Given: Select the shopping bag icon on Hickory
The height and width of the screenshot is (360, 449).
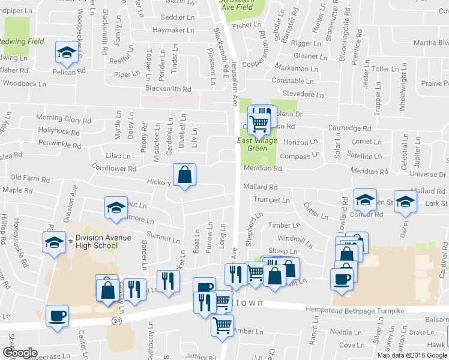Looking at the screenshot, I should click(185, 175).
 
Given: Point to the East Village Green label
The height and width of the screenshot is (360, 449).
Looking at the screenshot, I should click(257, 144).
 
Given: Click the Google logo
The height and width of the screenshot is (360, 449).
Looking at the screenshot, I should click(20, 353).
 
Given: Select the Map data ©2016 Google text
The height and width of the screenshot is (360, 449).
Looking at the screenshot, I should click(411, 355).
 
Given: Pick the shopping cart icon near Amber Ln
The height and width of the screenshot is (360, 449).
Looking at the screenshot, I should click(222, 325).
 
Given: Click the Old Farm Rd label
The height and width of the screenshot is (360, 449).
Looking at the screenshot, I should click(29, 178).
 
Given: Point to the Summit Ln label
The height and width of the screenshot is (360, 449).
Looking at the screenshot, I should click(163, 237).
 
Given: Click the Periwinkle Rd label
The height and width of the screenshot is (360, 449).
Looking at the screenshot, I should click(59, 145).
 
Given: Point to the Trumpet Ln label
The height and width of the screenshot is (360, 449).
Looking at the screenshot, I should click(271, 200).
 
